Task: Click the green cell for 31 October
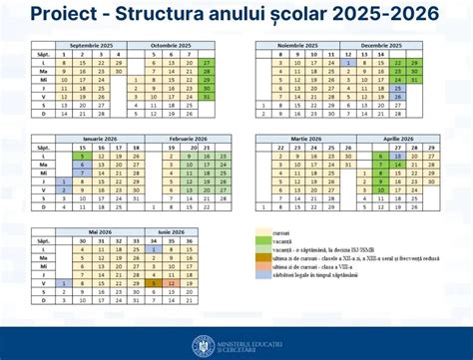click(207, 97)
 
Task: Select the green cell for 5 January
click(82, 156)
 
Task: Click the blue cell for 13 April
click(398, 156)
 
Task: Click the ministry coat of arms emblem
click(204, 344)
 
